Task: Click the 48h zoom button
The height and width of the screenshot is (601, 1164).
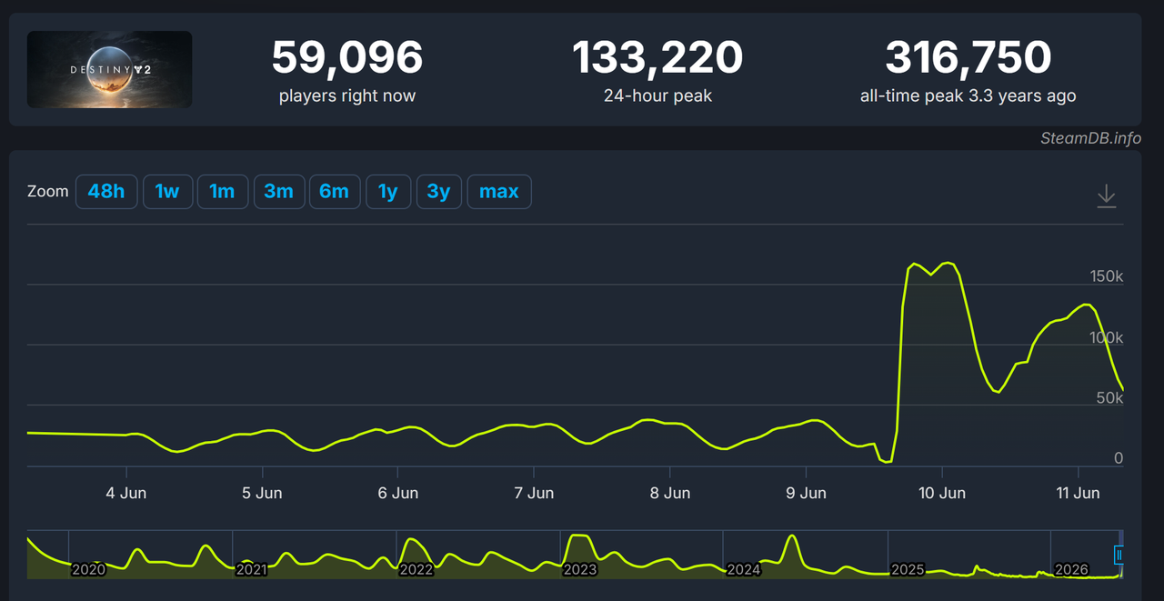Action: (106, 192)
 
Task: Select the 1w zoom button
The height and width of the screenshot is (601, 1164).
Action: (167, 192)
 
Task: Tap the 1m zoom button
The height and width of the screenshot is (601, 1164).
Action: (223, 192)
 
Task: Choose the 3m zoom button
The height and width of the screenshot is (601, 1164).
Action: (279, 192)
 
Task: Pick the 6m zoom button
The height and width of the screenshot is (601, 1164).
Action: (335, 192)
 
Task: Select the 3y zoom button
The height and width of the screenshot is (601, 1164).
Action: (439, 192)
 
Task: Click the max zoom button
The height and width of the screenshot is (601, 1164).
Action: (499, 192)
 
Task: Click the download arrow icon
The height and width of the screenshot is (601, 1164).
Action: (1107, 196)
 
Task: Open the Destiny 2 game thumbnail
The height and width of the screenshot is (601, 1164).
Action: (110, 70)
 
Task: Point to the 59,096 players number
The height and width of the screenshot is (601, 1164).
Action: (347, 57)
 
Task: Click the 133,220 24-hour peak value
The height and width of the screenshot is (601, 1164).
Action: (657, 57)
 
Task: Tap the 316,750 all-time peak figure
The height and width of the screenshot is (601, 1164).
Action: (968, 57)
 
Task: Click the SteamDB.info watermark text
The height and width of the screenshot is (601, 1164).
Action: (1090, 138)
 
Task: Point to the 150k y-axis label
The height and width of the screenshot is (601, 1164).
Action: (1107, 276)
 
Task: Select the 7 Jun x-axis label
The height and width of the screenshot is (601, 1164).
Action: (534, 493)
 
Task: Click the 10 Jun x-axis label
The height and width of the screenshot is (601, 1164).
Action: (942, 493)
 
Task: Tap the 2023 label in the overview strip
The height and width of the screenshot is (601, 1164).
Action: (580, 570)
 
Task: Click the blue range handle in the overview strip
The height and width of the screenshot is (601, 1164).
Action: (1119, 556)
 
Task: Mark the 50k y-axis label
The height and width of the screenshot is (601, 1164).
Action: (1109, 398)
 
